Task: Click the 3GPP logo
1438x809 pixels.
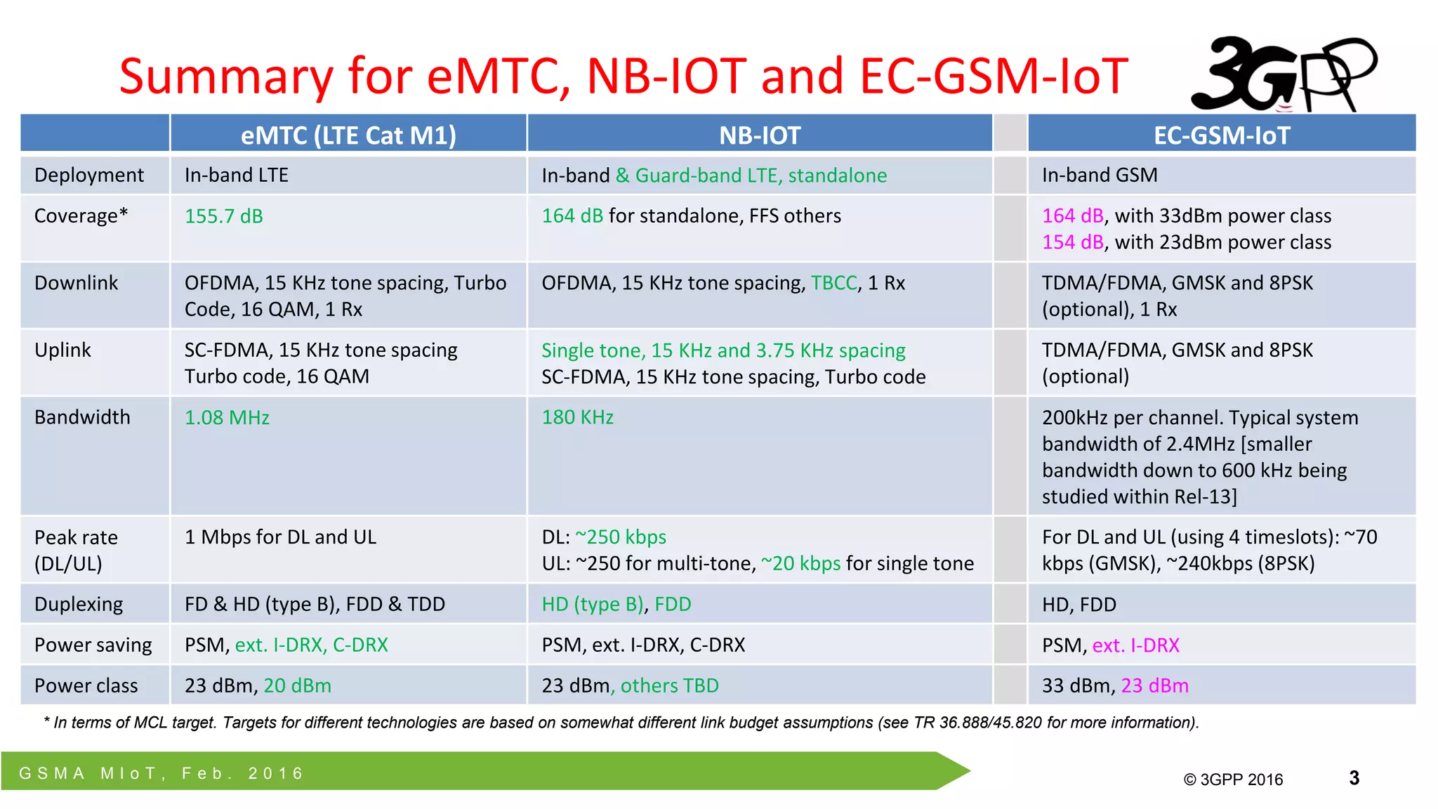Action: tap(1284, 74)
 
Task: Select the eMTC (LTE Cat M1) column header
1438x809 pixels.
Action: tap(348, 135)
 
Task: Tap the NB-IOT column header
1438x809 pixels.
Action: tap(760, 135)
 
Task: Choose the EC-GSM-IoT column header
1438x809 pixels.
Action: tap(1222, 135)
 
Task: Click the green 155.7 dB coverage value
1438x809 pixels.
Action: tap(224, 216)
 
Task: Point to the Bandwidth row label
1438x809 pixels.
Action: tap(82, 417)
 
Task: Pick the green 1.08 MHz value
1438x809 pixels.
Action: tap(227, 418)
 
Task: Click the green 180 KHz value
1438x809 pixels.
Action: tap(577, 417)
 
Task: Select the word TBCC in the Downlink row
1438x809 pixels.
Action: tap(834, 283)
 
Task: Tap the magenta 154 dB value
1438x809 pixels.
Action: tap(1073, 242)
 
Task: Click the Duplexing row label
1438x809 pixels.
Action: tap(79, 604)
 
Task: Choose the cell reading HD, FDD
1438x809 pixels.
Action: tap(1078, 605)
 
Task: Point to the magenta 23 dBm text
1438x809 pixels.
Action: tap(1154, 685)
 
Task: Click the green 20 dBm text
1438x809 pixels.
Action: tap(297, 685)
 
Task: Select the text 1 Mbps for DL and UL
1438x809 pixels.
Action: tap(280, 537)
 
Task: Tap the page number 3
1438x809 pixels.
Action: tap(1354, 778)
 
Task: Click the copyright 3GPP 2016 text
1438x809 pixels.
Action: tap(1233, 780)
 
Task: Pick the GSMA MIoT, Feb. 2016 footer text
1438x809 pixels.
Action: tap(161, 773)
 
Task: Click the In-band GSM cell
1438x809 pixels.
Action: tap(1100, 175)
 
